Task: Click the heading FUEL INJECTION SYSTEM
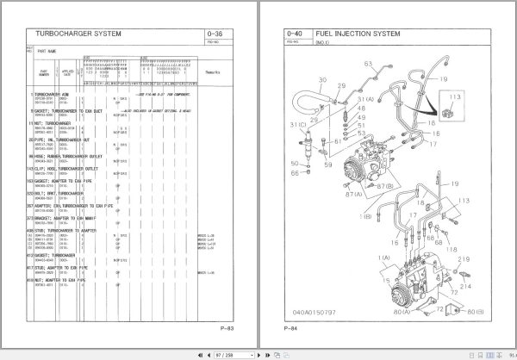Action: click(351, 34)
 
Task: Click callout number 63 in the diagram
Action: click(369, 64)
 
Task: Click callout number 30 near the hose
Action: click(321, 83)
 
